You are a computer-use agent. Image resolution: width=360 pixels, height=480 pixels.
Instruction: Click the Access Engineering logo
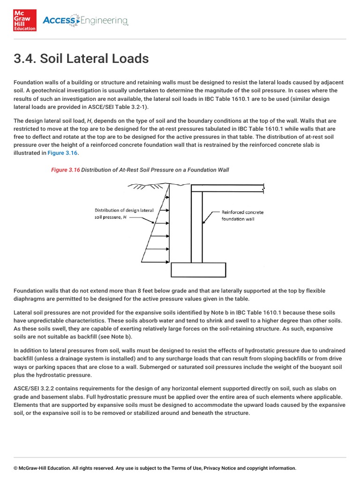(x=85, y=21)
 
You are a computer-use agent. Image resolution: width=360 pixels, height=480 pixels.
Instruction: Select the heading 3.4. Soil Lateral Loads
(x=81, y=59)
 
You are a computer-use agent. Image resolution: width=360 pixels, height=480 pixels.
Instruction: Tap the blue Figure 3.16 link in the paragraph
(x=62, y=153)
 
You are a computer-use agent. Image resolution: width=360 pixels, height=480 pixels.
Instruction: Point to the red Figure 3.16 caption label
(x=65, y=170)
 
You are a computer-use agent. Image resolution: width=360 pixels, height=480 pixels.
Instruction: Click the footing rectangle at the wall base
(x=197, y=270)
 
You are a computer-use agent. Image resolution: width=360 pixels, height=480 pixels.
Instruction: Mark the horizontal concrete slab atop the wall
(x=227, y=188)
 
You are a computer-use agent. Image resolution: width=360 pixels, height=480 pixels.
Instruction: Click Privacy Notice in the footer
(x=220, y=468)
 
